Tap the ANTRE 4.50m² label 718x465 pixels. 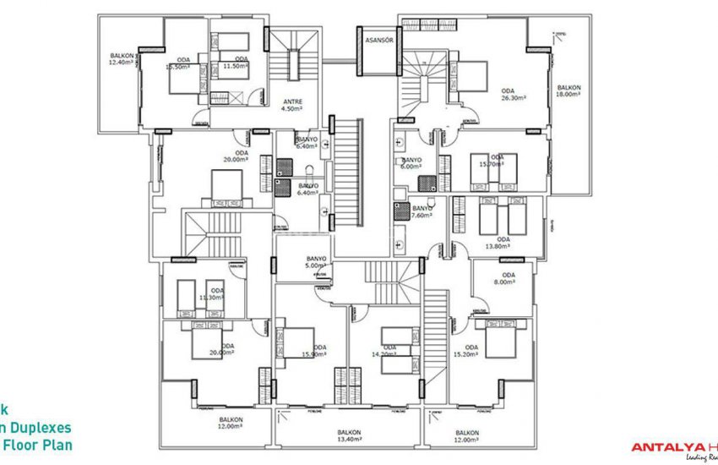[291, 105]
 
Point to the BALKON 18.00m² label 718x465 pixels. [568, 90]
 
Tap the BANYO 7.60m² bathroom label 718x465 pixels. [422, 211]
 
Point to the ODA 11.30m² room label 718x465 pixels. [211, 294]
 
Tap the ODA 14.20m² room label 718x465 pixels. [389, 351]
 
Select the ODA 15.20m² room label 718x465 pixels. [471, 351]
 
